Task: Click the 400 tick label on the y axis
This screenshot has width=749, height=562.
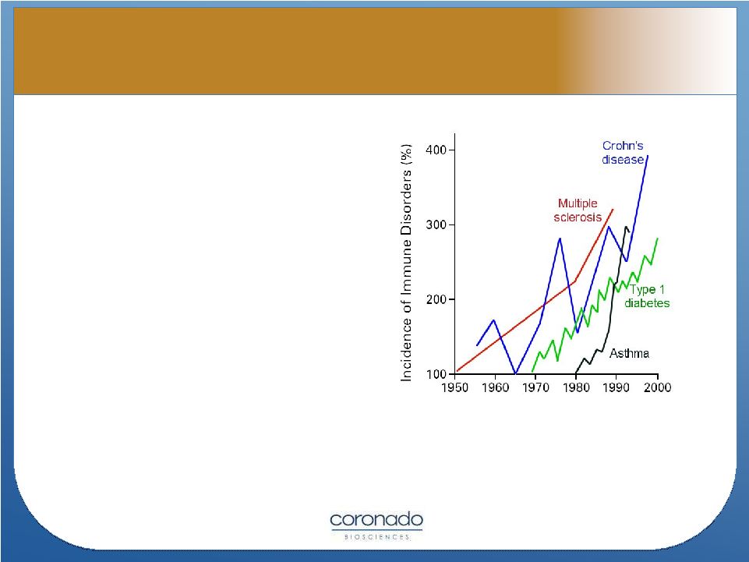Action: click(x=436, y=150)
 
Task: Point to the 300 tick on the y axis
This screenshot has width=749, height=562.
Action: click(x=436, y=224)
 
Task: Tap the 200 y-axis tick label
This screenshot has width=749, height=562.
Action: click(x=436, y=299)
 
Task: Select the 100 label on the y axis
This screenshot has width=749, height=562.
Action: click(x=436, y=374)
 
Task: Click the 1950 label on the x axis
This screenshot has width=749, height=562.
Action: click(x=454, y=387)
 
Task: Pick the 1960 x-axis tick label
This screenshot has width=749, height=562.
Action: click(x=496, y=387)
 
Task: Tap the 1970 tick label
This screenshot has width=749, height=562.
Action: click(x=535, y=387)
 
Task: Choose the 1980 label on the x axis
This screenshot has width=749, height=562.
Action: click(x=576, y=387)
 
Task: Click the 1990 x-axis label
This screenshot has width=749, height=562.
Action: click(x=617, y=387)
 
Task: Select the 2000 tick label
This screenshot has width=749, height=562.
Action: click(x=657, y=387)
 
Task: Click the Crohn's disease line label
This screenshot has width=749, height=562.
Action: click(x=623, y=153)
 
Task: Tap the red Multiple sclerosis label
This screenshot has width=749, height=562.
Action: click(x=578, y=210)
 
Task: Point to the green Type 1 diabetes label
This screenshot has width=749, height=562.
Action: click(x=647, y=296)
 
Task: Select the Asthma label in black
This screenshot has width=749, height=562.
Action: click(x=629, y=354)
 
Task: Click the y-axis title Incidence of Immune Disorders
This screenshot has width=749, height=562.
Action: click(x=406, y=263)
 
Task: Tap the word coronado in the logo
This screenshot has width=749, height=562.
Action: click(x=376, y=520)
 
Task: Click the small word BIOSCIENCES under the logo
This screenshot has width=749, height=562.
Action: click(x=377, y=537)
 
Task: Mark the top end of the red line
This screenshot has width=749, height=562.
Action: click(x=613, y=210)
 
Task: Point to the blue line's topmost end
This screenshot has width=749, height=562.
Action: click(x=648, y=155)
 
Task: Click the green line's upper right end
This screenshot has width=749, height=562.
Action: click(x=658, y=239)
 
